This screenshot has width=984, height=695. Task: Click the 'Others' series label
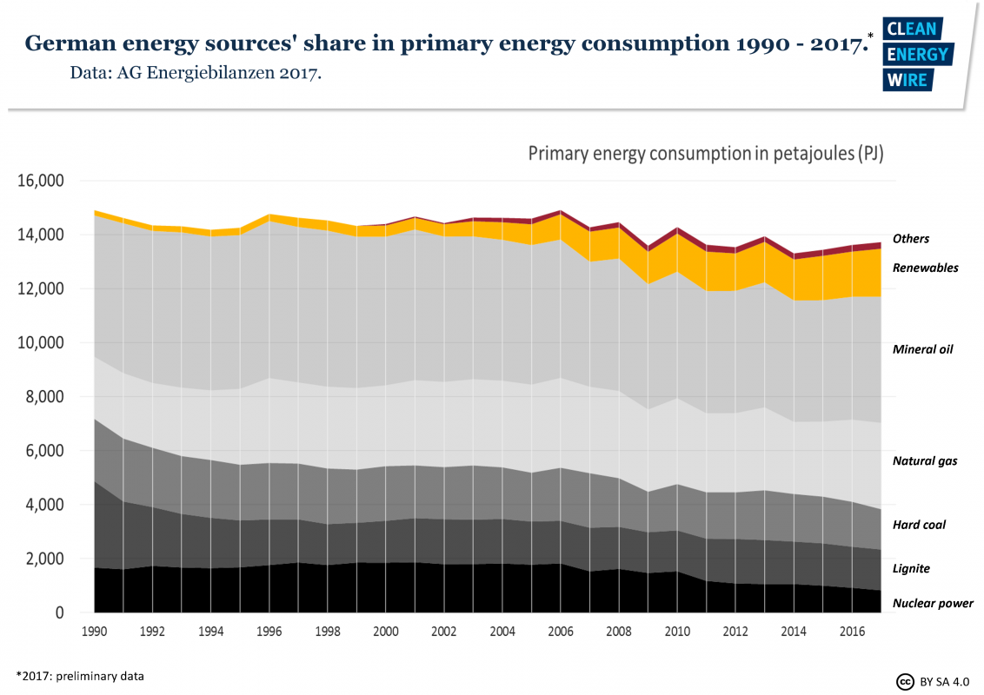[911, 239]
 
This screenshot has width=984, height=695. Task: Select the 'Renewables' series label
[926, 268]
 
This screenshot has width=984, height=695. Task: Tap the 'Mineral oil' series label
[923, 349]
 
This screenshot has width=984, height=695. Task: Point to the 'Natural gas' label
[925, 460]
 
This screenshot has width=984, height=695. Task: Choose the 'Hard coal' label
[919, 525]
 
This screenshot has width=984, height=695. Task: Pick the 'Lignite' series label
[911, 568]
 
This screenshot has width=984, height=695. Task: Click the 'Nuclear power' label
[933, 603]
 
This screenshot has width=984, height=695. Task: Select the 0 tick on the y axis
[60, 612]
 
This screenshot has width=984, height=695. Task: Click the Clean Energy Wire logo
[918, 54]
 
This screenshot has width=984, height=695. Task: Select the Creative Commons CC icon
[905, 680]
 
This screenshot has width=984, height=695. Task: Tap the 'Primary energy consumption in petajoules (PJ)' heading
[705, 154]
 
